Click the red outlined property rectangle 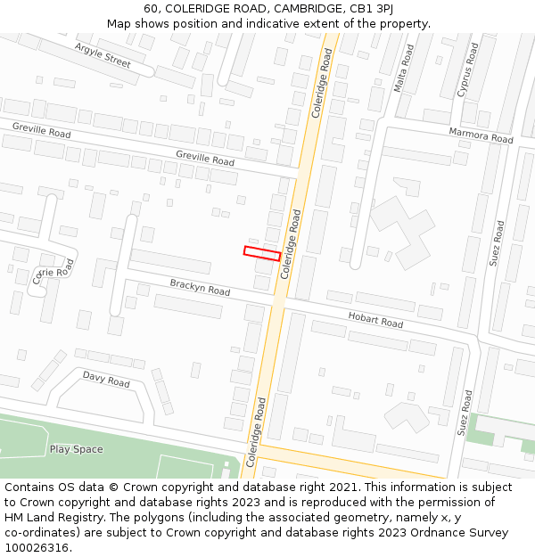(x=262, y=253)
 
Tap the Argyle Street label (x=103, y=55)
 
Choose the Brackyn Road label (x=200, y=287)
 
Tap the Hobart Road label (x=375, y=319)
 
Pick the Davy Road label (x=106, y=380)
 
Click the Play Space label (x=76, y=449)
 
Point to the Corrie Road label (x=51, y=274)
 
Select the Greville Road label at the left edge (x=41, y=131)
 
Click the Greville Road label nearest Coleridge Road (x=205, y=159)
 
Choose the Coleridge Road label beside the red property (x=291, y=244)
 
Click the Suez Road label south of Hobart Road (x=466, y=413)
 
